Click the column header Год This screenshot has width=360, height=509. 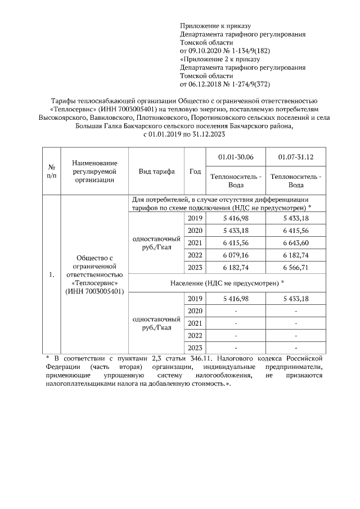click(x=195, y=172)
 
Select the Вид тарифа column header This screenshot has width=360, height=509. click(x=157, y=172)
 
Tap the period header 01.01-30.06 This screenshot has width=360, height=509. click(x=235, y=156)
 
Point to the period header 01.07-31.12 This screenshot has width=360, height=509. click(x=296, y=156)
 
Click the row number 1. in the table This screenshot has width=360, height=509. click(x=51, y=274)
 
